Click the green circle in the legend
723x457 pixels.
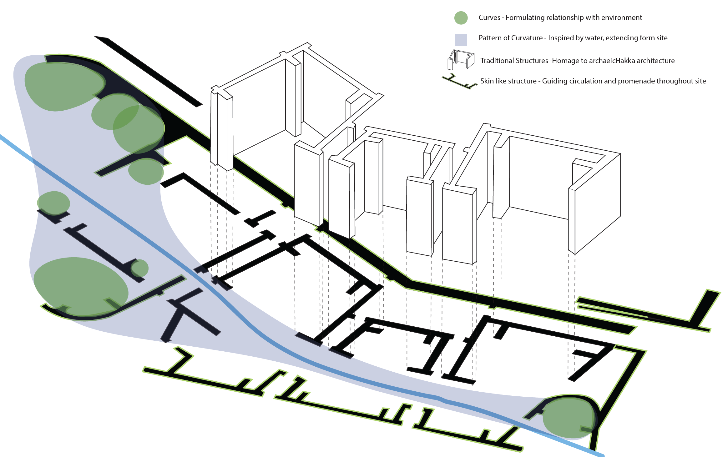[461, 18]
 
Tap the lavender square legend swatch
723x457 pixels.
[461, 40]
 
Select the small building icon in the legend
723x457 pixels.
[461, 59]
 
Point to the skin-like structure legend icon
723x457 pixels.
[459, 82]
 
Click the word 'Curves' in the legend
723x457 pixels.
[489, 18]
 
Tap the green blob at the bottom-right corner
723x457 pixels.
[568, 418]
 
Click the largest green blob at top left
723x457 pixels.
[65, 87]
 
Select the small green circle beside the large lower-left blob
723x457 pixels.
[139, 268]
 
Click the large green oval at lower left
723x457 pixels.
[81, 285]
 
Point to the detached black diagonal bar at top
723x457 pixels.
[148, 72]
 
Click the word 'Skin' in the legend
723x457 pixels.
[487, 81]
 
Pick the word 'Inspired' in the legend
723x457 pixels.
[562, 38]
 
